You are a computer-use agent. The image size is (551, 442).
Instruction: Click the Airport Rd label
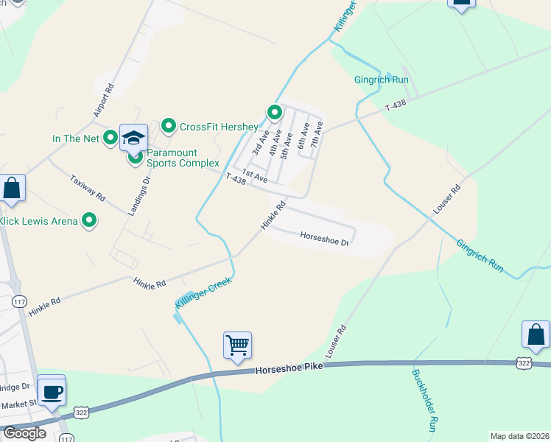tap(105, 100)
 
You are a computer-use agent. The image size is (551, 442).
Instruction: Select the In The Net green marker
tap(110, 137)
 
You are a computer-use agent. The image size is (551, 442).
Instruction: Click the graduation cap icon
tap(134, 137)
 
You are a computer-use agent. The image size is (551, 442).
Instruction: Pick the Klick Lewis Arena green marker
tap(89, 220)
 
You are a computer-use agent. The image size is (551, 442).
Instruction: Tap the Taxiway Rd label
tap(88, 189)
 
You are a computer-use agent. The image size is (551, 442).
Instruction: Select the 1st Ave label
tap(254, 175)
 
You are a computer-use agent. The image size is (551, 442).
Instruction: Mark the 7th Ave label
tap(317, 135)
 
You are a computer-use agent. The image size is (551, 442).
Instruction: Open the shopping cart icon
tap(237, 345)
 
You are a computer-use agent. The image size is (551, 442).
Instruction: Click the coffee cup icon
tap(51, 390)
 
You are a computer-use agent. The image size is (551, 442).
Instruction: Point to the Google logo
tap(24, 433)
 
